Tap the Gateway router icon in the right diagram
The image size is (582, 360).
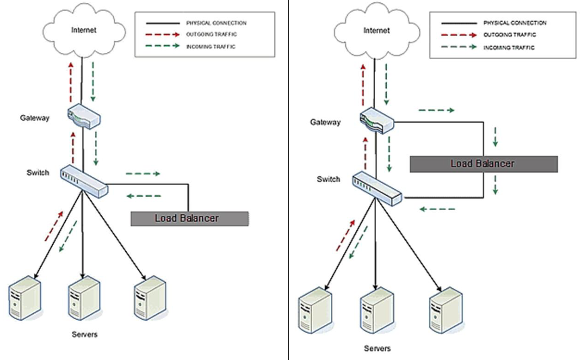376,120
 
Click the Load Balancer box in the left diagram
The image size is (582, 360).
190,218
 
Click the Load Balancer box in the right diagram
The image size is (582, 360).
483,164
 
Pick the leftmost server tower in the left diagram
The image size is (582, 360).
25,296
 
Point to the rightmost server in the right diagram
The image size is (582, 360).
446,310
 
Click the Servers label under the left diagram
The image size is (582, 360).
85,334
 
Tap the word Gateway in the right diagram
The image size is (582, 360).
325,122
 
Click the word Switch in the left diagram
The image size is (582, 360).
37,173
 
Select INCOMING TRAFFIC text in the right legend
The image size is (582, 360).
508,48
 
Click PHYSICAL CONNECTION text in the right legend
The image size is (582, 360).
514,23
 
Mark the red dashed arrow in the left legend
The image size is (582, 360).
161,34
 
